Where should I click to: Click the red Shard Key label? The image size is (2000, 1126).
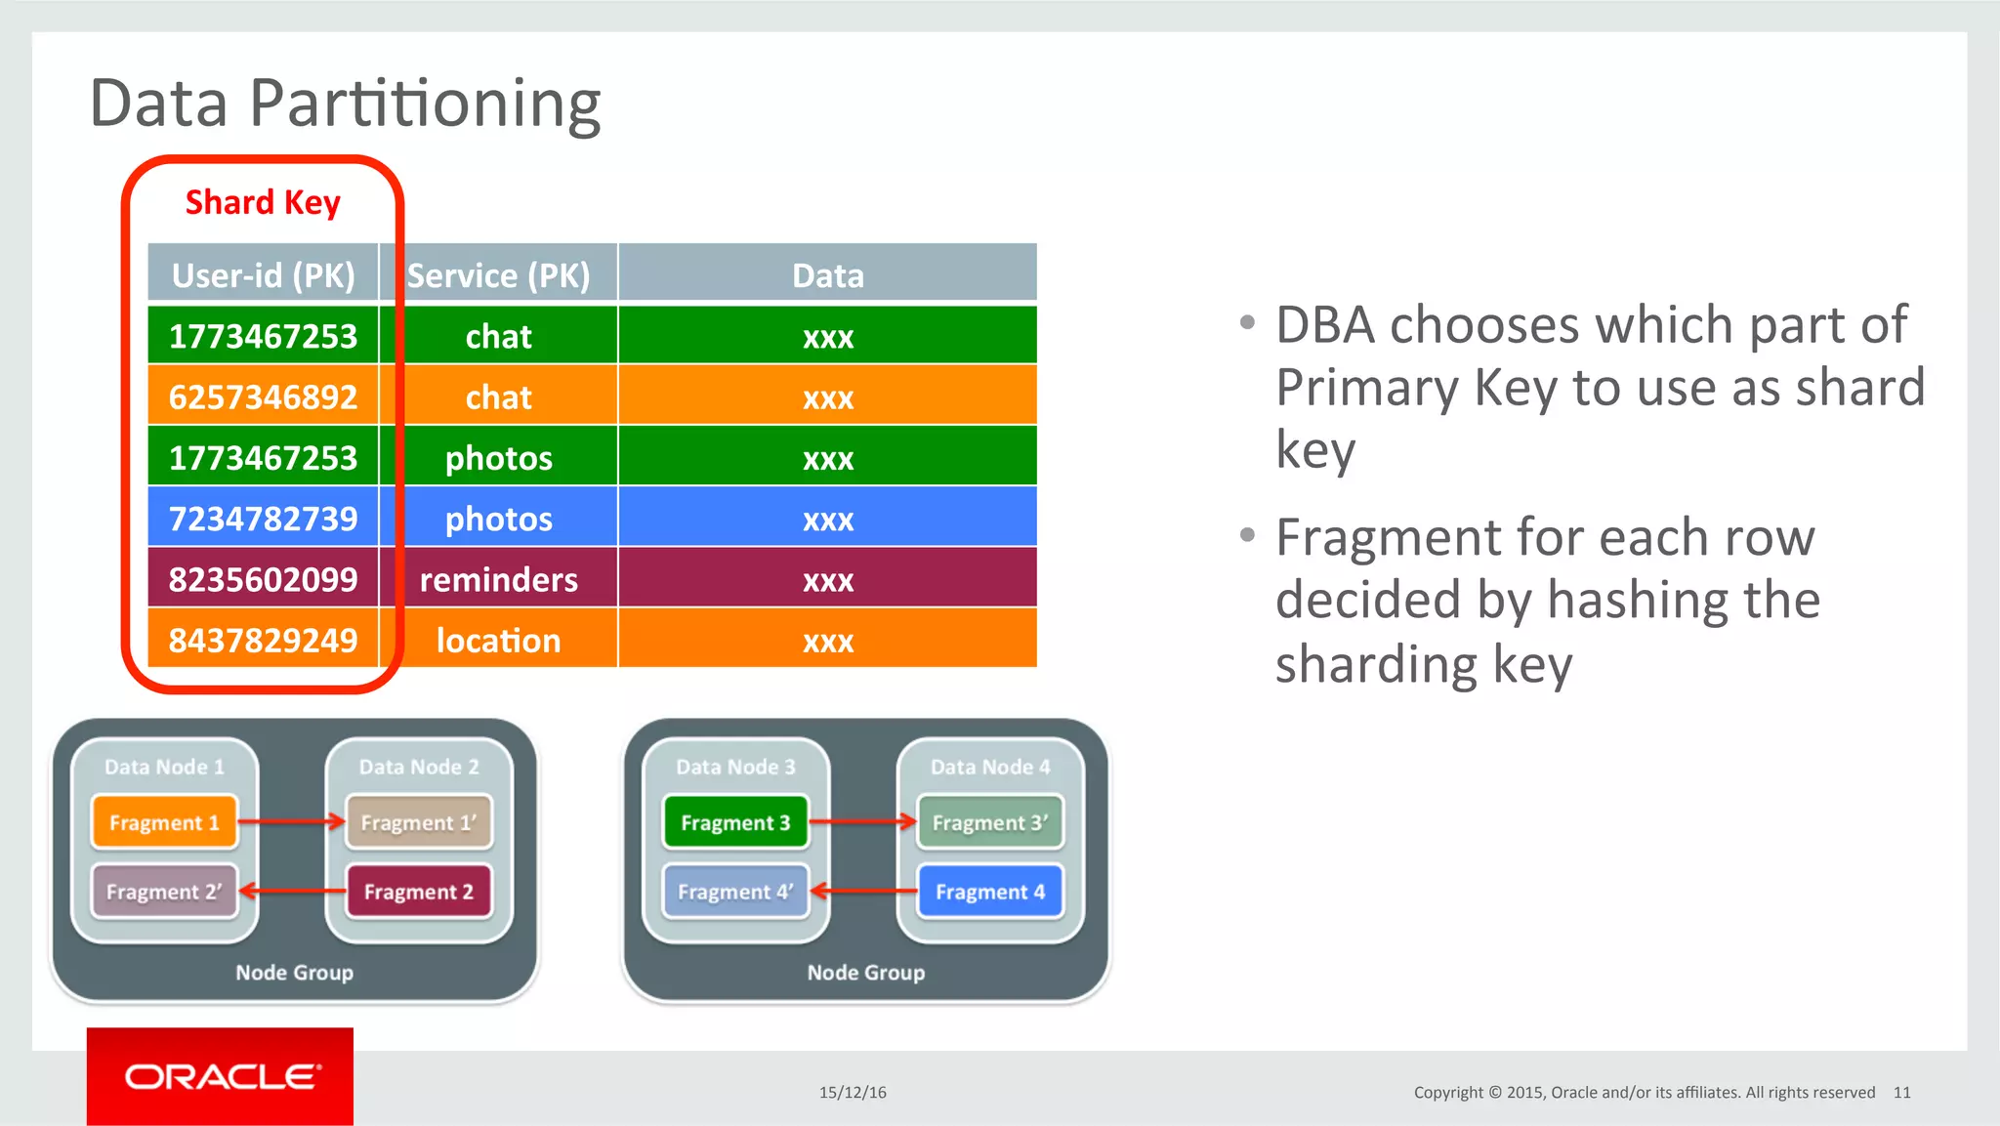[x=263, y=202]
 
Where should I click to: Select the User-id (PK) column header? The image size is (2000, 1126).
[x=263, y=275]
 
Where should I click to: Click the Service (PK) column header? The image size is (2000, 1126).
[x=498, y=275]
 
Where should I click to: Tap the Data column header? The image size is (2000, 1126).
[x=827, y=275]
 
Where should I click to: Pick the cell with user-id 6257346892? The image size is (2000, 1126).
[x=263, y=396]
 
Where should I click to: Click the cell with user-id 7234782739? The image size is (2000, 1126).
[x=263, y=518]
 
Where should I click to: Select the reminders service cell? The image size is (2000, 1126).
[x=498, y=579]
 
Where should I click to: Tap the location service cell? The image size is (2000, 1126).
[x=498, y=640]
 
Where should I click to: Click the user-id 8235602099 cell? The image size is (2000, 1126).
[x=263, y=579]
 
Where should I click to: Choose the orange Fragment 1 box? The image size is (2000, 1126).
[x=164, y=822]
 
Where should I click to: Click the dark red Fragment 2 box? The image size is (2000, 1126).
[x=418, y=891]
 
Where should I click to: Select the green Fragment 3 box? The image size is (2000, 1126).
[x=735, y=822]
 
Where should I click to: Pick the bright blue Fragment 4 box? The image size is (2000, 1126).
[x=989, y=891]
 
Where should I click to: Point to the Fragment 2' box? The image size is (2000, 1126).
[x=164, y=891]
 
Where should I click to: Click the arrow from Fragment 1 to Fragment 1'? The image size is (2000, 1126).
[x=291, y=821]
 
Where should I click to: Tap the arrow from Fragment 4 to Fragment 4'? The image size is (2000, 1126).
[x=863, y=890]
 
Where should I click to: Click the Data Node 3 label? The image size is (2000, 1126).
[x=735, y=767]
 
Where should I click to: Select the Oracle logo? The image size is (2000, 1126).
[x=220, y=1076]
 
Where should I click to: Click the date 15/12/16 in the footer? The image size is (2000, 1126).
[x=853, y=1092]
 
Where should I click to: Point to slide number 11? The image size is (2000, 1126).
[x=1901, y=1092]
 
